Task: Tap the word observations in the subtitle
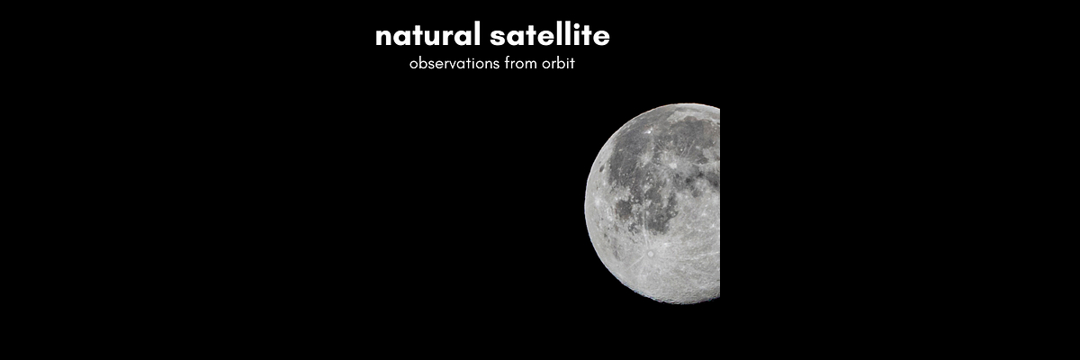tap(452, 65)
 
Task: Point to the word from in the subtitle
tap(517, 65)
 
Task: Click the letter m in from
tap(529, 66)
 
